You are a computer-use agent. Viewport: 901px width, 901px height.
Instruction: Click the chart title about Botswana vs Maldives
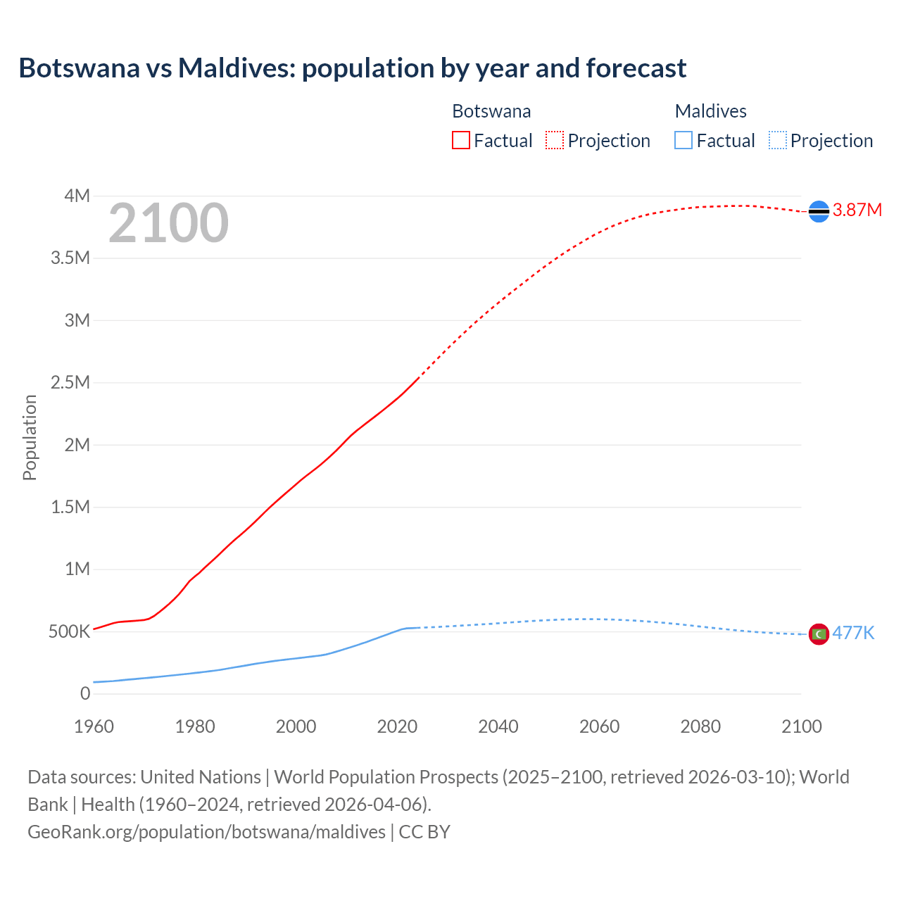tap(352, 68)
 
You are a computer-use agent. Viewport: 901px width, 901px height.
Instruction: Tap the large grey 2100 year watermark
tap(168, 223)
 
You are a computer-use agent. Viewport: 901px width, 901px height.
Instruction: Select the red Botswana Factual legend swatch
tap(460, 140)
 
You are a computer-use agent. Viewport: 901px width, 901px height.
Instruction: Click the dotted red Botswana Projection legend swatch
tap(554, 140)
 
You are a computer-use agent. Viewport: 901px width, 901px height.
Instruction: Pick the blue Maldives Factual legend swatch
tap(683, 140)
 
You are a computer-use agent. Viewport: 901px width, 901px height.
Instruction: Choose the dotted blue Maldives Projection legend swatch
tap(777, 140)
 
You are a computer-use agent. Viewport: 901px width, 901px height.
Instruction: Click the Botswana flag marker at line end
tap(819, 211)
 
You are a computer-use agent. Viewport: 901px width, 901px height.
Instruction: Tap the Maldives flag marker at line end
tap(819, 634)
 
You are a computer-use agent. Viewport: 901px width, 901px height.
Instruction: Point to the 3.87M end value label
tap(857, 210)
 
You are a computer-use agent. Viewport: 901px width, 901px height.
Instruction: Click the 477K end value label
tap(853, 633)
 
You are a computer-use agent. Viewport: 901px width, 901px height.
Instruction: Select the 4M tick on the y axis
tap(77, 196)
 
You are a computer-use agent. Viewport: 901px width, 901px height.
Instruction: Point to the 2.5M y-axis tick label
tap(70, 382)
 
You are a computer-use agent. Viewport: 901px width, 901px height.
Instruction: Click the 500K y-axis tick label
tap(69, 631)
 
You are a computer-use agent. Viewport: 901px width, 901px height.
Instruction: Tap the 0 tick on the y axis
tap(85, 693)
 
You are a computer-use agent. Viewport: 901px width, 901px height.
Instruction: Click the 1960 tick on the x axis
tap(94, 726)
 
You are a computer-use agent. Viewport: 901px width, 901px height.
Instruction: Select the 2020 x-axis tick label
tap(397, 726)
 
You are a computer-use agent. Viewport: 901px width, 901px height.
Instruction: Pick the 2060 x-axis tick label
tap(599, 726)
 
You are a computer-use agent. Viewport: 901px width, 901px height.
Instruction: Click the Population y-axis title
tap(30, 437)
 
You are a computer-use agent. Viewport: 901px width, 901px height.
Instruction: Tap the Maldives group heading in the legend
tap(710, 111)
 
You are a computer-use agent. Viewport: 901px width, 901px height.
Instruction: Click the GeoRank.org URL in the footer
tap(206, 831)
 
